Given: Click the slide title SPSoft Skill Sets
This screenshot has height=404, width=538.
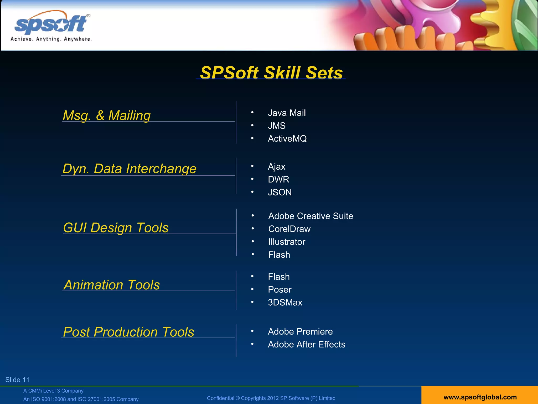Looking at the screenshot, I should pos(271,73).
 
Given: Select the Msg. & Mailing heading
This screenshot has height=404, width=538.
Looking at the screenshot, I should pos(107,115).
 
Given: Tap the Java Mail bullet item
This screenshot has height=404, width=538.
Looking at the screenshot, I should pos(287,113).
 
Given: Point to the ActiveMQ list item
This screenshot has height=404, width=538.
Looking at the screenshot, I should pos(287,139).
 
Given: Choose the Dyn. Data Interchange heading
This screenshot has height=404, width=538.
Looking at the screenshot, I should pos(130,169).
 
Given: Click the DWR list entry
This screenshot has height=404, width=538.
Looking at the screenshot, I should pos(278,179).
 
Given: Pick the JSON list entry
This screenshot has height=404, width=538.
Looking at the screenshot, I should pos(280,192).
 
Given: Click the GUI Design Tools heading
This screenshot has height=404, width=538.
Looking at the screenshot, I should pos(116,228).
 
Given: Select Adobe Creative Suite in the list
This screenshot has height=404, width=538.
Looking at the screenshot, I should pos(311,216).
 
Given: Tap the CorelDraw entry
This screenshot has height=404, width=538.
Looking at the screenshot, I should pos(289,229).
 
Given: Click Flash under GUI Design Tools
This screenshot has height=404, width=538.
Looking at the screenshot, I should pos(279,255).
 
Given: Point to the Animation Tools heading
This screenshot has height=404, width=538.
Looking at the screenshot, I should pos(112,285).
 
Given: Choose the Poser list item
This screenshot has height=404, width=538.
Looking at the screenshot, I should pos(280,290).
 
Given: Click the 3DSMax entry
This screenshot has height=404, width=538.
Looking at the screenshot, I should pos(285,302).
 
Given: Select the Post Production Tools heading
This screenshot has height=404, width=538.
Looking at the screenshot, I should pos(129,332).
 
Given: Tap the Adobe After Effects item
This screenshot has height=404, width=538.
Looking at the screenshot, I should pos(306,344).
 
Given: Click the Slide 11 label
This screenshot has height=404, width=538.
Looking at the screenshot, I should pos(17,380).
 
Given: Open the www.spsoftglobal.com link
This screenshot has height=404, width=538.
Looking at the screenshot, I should pos(480,397).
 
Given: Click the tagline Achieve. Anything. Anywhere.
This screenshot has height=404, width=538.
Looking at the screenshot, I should pos(51,39).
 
